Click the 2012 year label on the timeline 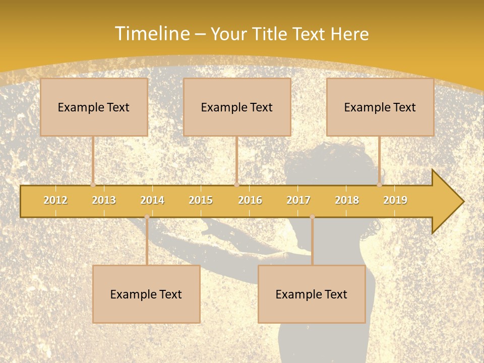(55, 200)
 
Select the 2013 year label (104, 200)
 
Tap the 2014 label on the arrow (152, 200)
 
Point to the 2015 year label (201, 200)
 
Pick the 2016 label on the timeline (250, 200)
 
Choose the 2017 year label (298, 200)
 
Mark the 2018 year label (347, 200)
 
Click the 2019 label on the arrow (395, 200)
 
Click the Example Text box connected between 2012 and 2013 (94, 107)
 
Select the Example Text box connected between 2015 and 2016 (237, 107)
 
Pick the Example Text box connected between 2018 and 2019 (380, 107)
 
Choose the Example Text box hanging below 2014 (146, 294)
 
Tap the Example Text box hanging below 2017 (312, 294)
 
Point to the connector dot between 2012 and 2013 (93, 185)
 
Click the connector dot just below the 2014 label (147, 217)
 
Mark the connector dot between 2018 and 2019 (380, 185)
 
